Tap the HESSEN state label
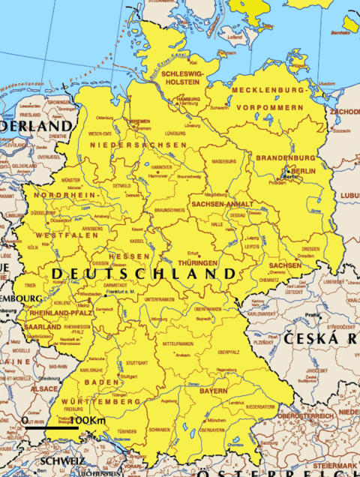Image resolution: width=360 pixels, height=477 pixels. (x=124, y=256)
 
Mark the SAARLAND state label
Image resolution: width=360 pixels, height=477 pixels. (x=43, y=328)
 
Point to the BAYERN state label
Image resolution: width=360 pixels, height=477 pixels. (x=213, y=391)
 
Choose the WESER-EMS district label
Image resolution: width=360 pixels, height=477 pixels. (x=99, y=133)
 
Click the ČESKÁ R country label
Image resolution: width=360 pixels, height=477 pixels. (x=321, y=340)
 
